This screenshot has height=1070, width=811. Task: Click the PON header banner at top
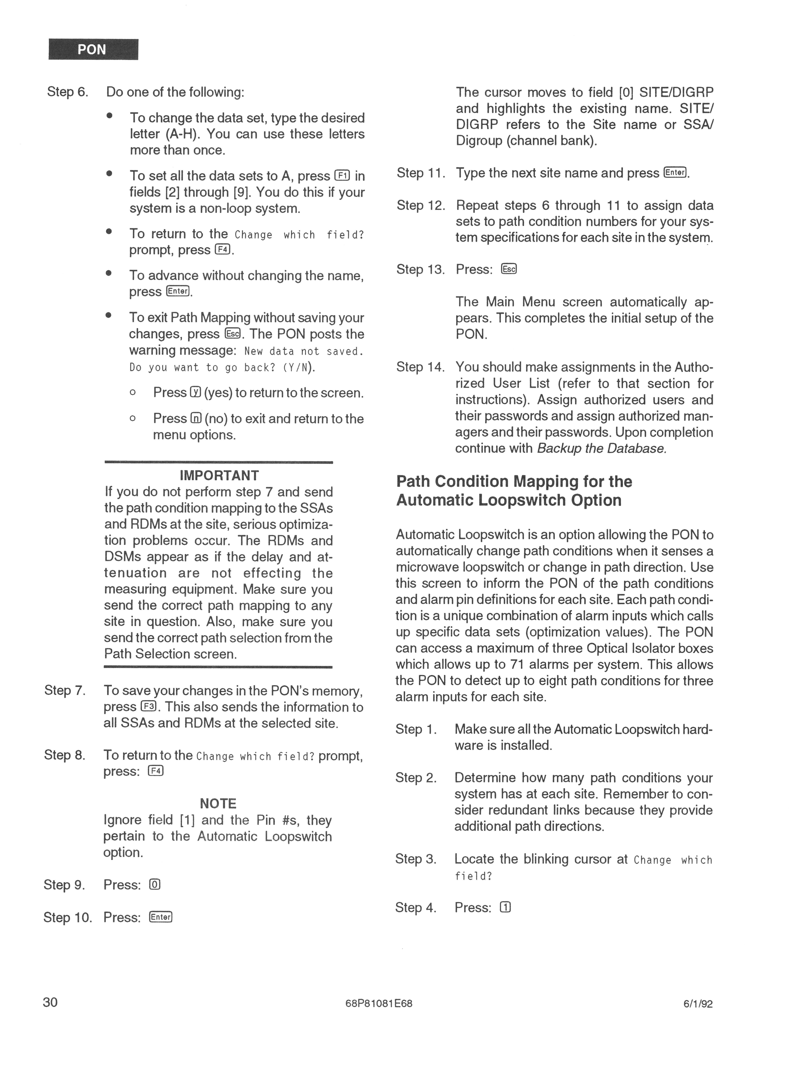(x=93, y=49)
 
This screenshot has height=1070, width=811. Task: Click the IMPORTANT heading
(x=219, y=475)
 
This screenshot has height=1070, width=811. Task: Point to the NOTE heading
(x=218, y=803)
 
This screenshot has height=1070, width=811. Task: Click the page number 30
(x=50, y=1002)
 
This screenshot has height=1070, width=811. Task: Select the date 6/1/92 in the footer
(x=698, y=1004)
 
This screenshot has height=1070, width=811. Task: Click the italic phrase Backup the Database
(x=602, y=448)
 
